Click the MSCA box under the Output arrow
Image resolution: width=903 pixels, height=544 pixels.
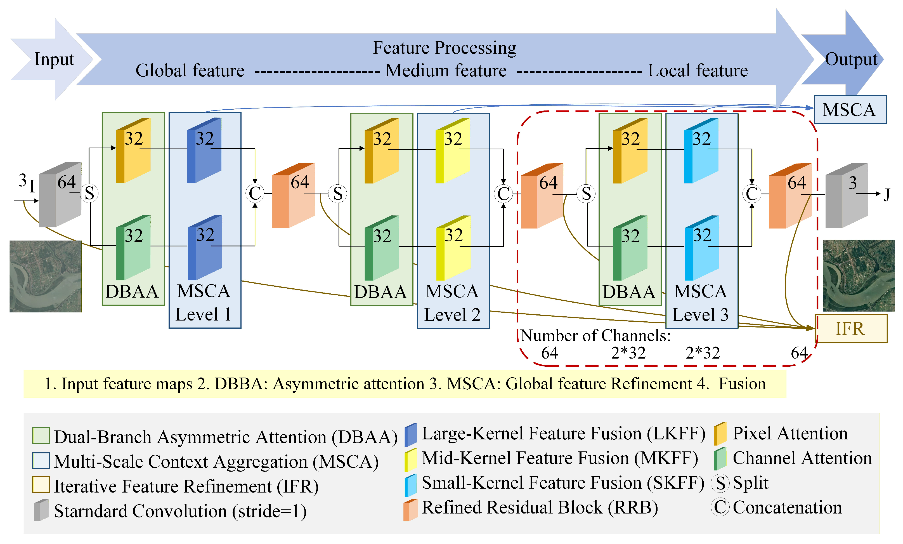pos(850,110)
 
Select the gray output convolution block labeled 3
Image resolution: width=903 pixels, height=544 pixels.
pos(846,196)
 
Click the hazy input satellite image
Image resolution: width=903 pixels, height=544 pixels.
pos(45,276)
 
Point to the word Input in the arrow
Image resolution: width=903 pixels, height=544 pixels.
pos(54,59)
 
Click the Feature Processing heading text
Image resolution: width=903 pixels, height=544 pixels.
pos(444,48)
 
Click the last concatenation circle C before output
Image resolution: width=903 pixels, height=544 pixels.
pos(751,194)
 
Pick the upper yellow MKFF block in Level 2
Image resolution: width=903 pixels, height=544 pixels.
pos(453,151)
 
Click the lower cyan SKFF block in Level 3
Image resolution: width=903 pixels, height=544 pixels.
pos(701,248)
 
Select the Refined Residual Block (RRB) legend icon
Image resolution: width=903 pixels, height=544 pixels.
pos(410,510)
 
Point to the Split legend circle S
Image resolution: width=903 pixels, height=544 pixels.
pos(720,483)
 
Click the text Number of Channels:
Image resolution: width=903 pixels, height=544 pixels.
pos(595,335)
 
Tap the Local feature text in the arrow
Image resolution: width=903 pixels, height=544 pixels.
pos(698,70)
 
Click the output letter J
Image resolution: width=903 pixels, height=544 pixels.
pos(887,194)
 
